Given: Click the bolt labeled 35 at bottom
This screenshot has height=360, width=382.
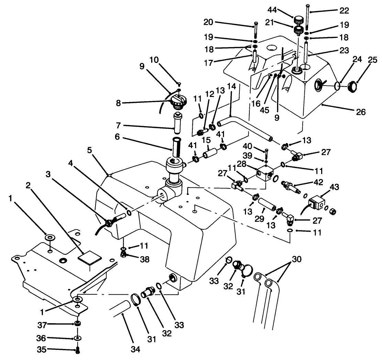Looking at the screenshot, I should pos(77,350).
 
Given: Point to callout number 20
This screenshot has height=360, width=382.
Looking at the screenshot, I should pos(227,22).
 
